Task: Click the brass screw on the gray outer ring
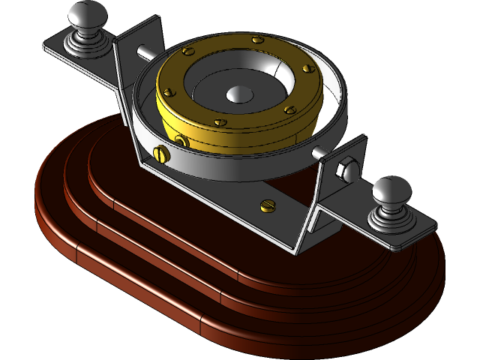click(x=160, y=154)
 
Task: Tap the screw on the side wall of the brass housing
click(x=180, y=141)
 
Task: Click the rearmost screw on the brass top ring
click(x=257, y=38)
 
